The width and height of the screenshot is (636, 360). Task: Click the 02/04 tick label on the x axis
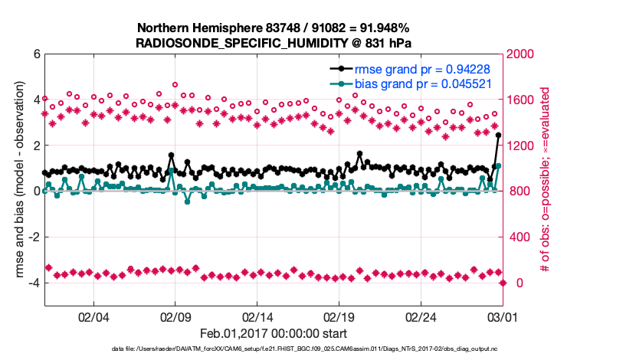[x=93, y=316]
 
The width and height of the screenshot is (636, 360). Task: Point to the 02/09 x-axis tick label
[x=175, y=316]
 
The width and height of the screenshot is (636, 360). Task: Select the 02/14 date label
[x=257, y=316]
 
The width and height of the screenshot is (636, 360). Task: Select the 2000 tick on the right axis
[x=521, y=54]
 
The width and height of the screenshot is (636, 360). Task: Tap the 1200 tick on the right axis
[x=521, y=146]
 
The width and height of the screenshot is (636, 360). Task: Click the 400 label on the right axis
[x=518, y=237]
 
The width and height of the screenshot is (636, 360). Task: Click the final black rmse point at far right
[x=498, y=136]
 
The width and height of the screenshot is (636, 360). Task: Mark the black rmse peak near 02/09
[x=171, y=155]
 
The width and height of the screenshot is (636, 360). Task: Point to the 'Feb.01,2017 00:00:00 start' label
[x=274, y=333]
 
